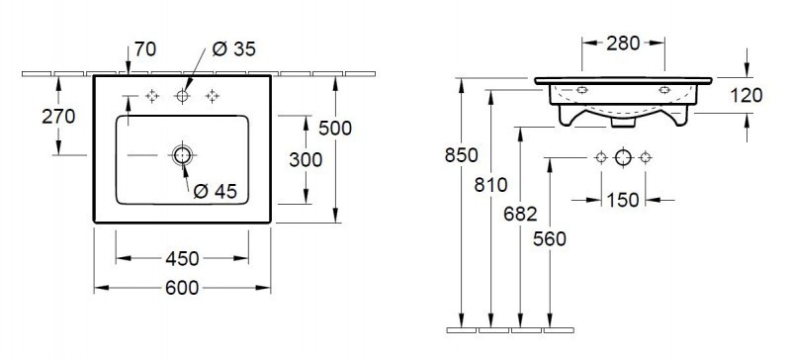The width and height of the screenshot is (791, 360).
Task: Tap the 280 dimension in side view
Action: click(621, 43)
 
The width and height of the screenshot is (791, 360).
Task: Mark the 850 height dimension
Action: click(462, 155)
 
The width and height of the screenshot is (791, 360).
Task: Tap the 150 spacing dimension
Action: click(621, 200)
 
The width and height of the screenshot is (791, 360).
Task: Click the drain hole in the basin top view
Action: click(183, 155)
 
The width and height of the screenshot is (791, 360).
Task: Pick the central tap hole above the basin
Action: click(183, 96)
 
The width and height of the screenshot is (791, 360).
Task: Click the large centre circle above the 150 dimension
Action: click(622, 158)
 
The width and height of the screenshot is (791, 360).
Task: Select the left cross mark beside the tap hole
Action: click(152, 96)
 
